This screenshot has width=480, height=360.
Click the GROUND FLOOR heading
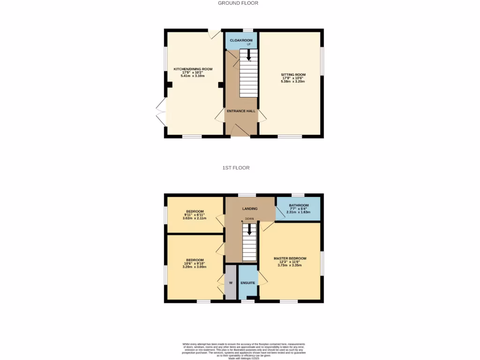click(238, 3)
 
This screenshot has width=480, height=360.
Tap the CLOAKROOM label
click(241, 41)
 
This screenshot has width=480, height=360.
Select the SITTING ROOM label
click(293, 75)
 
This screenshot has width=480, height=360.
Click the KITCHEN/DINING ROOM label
click(193, 69)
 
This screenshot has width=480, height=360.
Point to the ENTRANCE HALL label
click(241, 111)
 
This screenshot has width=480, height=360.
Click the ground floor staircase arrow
click(248, 55)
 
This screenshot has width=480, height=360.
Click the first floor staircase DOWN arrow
click(249, 229)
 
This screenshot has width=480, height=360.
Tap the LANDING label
click(249, 209)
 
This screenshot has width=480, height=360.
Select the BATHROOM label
click(299, 205)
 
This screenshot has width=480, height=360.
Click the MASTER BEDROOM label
click(290, 259)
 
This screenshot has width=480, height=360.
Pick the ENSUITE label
click(247, 283)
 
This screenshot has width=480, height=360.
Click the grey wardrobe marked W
click(231, 283)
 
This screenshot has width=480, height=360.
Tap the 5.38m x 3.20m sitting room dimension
click(293, 82)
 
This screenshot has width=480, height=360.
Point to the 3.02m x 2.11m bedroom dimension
click(195, 218)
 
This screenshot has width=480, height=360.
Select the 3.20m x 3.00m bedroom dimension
click(195, 267)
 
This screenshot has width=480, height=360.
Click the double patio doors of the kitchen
click(161, 112)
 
